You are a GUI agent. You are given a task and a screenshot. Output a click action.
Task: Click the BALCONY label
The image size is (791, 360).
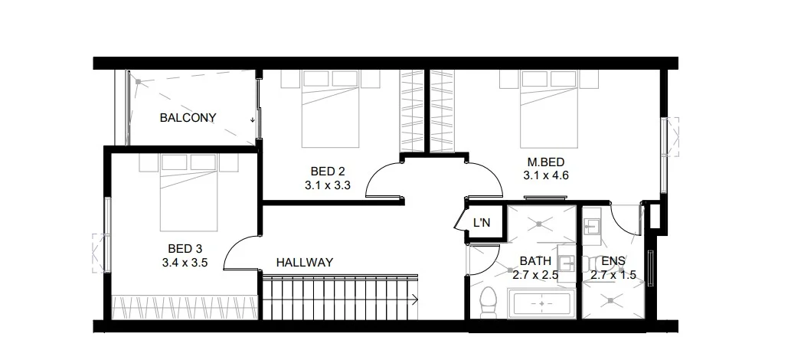tap(188, 118)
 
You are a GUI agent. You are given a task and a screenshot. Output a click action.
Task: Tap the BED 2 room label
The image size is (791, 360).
tap(327, 171)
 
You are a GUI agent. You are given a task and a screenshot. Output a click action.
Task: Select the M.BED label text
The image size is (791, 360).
tap(545, 162)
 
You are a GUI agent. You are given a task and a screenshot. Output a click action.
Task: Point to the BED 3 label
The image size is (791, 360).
tap(185, 249)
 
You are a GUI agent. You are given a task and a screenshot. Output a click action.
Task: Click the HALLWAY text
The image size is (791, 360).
tap(304, 263)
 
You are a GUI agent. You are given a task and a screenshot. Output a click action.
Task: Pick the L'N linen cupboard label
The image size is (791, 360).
tap(482, 224)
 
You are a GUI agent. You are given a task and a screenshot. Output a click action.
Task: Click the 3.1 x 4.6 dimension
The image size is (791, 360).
tap(545, 175)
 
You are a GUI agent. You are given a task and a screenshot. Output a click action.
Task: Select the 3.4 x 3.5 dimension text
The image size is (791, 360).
tap(185, 263)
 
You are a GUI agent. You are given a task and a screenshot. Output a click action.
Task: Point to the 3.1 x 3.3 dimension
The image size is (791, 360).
tap(327, 184)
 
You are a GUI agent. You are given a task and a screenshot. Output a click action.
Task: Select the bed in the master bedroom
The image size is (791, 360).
tap(548, 107)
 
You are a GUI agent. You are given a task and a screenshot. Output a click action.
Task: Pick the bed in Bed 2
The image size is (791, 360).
tap(330, 107)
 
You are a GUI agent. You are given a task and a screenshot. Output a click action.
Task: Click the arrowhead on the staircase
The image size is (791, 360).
tap(414, 299)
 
